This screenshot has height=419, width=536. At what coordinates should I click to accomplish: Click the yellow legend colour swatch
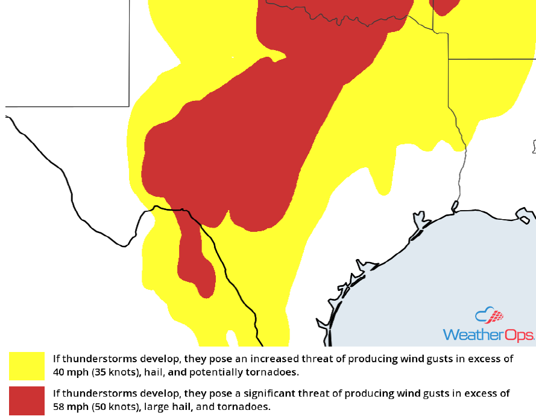pyautogui.click(x=27, y=365)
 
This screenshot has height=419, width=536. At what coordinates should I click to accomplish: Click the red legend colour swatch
pyautogui.click(x=27, y=400)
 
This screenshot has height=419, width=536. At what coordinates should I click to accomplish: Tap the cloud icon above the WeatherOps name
pyautogui.click(x=488, y=316)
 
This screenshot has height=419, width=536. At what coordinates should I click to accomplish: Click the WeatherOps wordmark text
pyautogui.click(x=488, y=334)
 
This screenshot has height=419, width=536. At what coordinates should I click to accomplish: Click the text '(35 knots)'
pyautogui.click(x=112, y=371)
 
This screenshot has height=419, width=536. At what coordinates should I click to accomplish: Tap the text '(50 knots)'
pyautogui.click(x=112, y=406)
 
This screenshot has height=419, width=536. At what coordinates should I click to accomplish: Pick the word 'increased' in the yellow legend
pyautogui.click(x=272, y=359)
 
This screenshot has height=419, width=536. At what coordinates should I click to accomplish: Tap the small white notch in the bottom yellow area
pyautogui.click(x=231, y=338)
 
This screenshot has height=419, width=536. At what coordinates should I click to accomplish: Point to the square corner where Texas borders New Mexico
pyautogui.click(x=129, y=106)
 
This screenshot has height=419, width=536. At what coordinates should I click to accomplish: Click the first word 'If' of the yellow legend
pyautogui.click(x=56, y=359)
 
